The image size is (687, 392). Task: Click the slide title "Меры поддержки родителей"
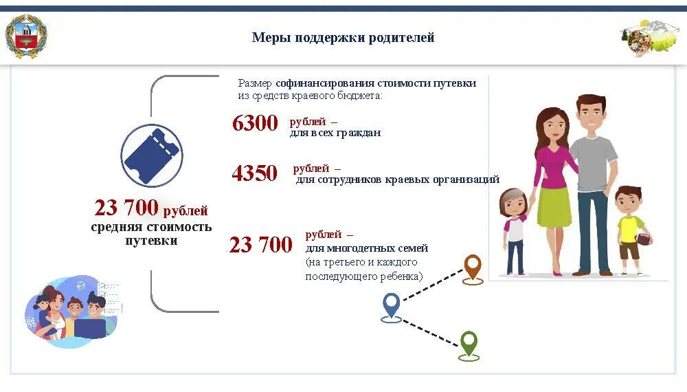(x=343, y=38)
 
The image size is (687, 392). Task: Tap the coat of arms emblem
(x=27, y=37)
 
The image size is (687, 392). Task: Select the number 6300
(x=255, y=124)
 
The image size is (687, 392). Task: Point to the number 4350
(x=255, y=173)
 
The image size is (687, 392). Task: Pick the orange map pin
(x=473, y=268)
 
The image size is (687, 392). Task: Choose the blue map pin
(x=391, y=306)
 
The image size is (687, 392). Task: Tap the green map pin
(x=469, y=344)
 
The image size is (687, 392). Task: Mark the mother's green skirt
(x=554, y=206)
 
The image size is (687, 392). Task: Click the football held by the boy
(x=644, y=239)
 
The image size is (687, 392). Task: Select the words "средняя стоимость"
(x=151, y=227)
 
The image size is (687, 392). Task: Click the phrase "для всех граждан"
(x=335, y=133)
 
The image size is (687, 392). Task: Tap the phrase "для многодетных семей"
(x=367, y=248)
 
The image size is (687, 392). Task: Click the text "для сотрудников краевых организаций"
(x=398, y=180)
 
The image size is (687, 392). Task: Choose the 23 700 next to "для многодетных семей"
(x=261, y=245)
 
